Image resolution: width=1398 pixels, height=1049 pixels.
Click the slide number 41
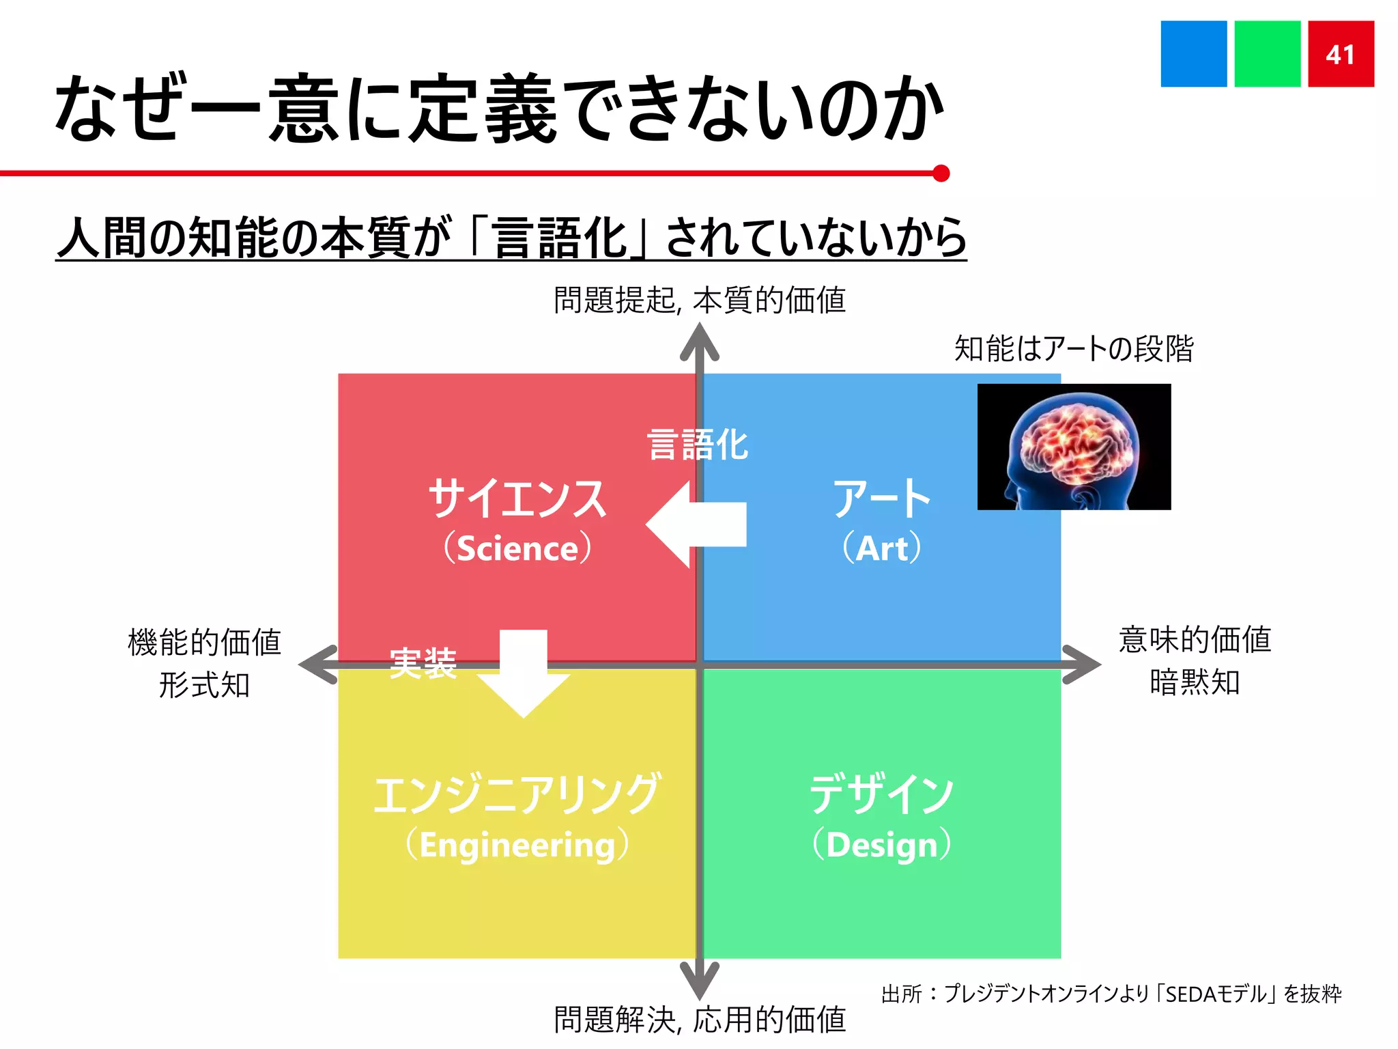(x=1340, y=54)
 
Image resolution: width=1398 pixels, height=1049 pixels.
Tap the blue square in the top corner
(x=1193, y=54)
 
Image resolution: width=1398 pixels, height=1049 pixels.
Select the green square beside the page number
(x=1267, y=54)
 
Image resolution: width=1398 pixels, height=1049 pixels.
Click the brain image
(x=1074, y=447)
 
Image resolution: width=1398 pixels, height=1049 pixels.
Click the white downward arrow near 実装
(x=524, y=673)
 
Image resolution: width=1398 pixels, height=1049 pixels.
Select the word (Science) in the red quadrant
(x=517, y=548)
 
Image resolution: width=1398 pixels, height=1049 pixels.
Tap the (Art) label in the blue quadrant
(x=881, y=548)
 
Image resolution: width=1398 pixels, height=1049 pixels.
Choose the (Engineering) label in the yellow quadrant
(x=517, y=845)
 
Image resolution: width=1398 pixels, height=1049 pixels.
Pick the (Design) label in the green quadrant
(x=881, y=845)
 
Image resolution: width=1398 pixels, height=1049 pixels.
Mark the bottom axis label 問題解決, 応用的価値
(x=700, y=1020)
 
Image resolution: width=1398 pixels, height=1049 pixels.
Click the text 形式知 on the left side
(x=204, y=685)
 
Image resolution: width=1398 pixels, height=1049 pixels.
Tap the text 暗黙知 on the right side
(x=1195, y=682)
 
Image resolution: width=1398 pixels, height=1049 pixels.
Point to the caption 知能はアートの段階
(x=1074, y=349)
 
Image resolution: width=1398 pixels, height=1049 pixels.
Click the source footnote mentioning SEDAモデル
(x=1111, y=994)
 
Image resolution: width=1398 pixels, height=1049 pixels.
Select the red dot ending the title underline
(x=941, y=173)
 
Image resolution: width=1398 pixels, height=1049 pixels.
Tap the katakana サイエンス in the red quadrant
(x=517, y=499)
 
